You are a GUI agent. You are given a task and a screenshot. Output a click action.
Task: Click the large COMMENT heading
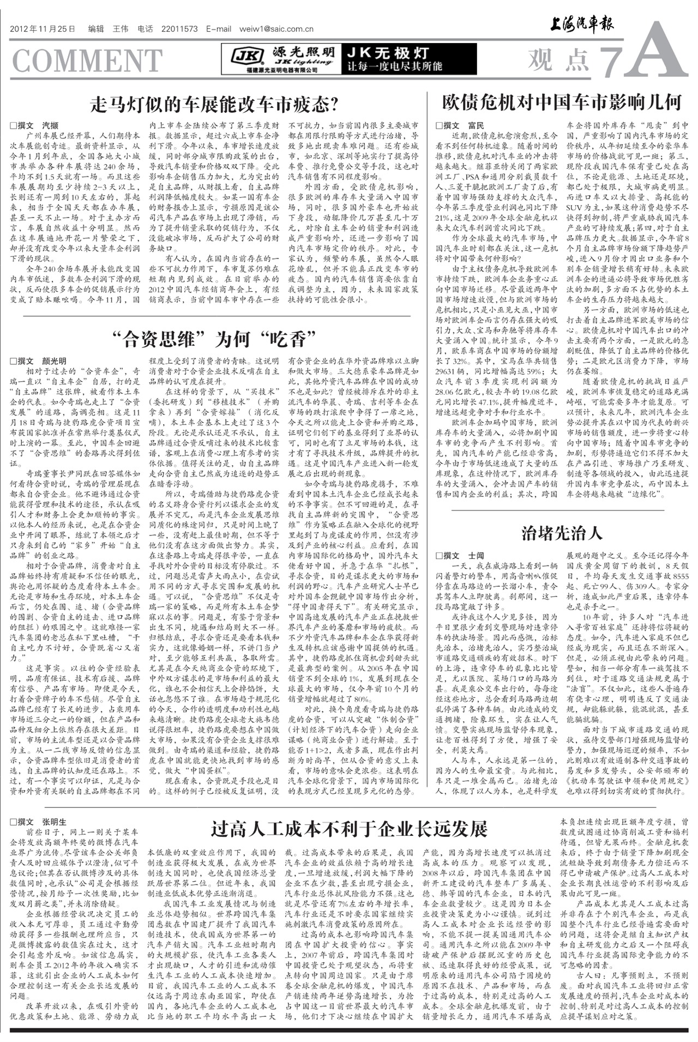click(87, 60)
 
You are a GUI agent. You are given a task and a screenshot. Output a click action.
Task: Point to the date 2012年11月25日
click(43, 29)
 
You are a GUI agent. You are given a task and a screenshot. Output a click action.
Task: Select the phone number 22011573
click(179, 29)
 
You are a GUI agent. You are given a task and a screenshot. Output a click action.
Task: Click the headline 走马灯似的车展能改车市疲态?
click(215, 104)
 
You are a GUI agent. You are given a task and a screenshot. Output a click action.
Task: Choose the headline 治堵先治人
click(562, 533)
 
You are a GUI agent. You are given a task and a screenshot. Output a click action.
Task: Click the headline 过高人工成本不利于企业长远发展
click(349, 829)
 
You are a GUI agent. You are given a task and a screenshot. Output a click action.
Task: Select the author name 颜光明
click(54, 361)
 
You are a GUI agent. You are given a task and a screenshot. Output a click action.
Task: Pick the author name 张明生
click(54, 822)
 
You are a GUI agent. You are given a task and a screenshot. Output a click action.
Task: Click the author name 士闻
click(476, 556)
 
